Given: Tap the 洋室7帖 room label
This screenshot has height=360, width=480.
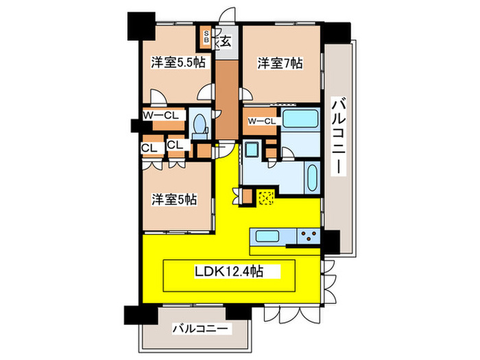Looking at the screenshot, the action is point(280,63).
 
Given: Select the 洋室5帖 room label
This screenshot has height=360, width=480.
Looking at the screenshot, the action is point(174,200).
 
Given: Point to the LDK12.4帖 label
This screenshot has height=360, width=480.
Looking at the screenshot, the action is point(229,272).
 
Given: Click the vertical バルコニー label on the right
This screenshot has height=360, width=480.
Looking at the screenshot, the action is point(339,136).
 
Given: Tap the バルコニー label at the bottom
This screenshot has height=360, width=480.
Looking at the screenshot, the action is point(200,329).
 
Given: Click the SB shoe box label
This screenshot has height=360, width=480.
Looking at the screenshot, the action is point(206,36).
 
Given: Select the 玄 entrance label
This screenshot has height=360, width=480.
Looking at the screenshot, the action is point(226,41).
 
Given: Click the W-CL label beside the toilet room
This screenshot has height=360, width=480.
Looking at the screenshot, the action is point(161,115).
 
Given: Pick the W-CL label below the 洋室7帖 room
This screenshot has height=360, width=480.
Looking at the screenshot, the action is point(262,121).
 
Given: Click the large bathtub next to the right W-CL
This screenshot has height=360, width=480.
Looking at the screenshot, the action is point(300,119).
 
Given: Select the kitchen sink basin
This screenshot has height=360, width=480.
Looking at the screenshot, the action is point(267,237).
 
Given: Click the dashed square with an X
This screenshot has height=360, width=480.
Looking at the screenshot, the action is point(266,198).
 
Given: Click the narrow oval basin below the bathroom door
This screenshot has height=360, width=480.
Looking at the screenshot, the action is point(311,178).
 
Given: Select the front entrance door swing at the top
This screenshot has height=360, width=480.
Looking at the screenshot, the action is point(227,14).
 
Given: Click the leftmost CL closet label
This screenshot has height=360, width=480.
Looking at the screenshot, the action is point(149,149).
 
